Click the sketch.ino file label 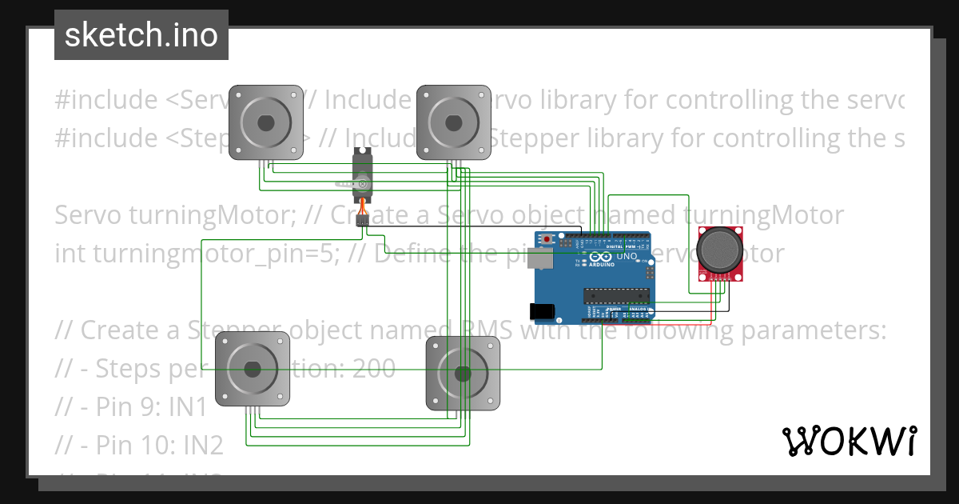[x=141, y=35]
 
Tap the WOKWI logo [x=849, y=441]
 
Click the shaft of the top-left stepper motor [x=266, y=122]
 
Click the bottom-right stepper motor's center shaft [x=463, y=373]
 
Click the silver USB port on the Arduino [x=544, y=257]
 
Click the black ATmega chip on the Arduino [x=619, y=294]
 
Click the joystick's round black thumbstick [x=722, y=248]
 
